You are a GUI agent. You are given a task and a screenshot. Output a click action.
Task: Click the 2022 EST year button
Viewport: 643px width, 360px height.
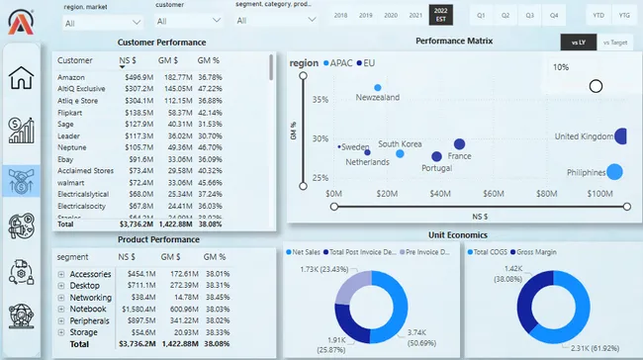coord(440,15)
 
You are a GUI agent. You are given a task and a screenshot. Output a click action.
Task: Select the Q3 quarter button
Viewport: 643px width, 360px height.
coord(530,16)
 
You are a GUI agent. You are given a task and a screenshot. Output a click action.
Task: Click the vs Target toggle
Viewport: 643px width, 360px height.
coord(614,43)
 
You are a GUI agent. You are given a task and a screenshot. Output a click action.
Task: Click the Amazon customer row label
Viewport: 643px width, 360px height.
coord(71,77)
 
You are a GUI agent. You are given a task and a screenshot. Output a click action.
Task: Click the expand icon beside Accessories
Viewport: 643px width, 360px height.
coord(61,274)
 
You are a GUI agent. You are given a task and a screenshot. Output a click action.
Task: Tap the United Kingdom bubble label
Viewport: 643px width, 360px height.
coord(584,136)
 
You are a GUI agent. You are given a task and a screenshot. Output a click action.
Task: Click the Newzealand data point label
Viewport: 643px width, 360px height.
coord(377,97)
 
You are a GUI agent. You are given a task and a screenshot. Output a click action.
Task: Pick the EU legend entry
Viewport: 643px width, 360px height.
coord(369,63)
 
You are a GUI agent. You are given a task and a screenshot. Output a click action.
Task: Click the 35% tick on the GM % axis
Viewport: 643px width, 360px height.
coord(321,100)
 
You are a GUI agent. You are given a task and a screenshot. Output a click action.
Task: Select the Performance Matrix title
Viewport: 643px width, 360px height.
coord(454,42)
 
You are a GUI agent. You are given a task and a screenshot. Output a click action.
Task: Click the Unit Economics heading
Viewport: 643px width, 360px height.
coord(458,234)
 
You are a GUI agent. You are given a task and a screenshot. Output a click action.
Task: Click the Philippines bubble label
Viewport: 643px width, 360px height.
coord(586,173)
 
